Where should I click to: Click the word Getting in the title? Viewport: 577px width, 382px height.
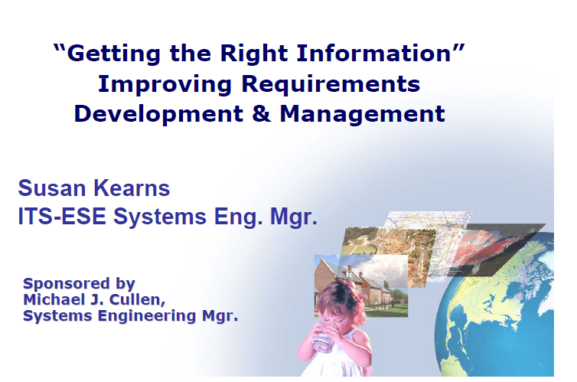pyautogui.click(x=113, y=54)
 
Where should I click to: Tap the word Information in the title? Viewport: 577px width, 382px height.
pyautogui.click(x=374, y=53)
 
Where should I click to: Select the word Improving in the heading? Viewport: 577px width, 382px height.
pyautogui.click(x=165, y=85)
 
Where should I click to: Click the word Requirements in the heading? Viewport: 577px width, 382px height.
pyautogui.click(x=331, y=84)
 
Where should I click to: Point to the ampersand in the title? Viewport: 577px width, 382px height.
pyautogui.click(x=261, y=113)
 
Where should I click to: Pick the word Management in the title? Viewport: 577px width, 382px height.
pyautogui.click(x=363, y=114)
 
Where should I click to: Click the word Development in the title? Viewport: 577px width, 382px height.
pyautogui.click(x=158, y=114)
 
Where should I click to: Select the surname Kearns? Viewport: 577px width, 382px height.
pyautogui.click(x=132, y=188)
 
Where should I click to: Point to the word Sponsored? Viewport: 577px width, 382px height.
pyautogui.click(x=67, y=284)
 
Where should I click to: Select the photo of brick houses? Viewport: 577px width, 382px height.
pyautogui.click(x=361, y=286)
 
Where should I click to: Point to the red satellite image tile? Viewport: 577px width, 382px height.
pyautogui.click(x=497, y=248)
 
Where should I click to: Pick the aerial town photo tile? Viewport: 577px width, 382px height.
pyautogui.click(x=390, y=250)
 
